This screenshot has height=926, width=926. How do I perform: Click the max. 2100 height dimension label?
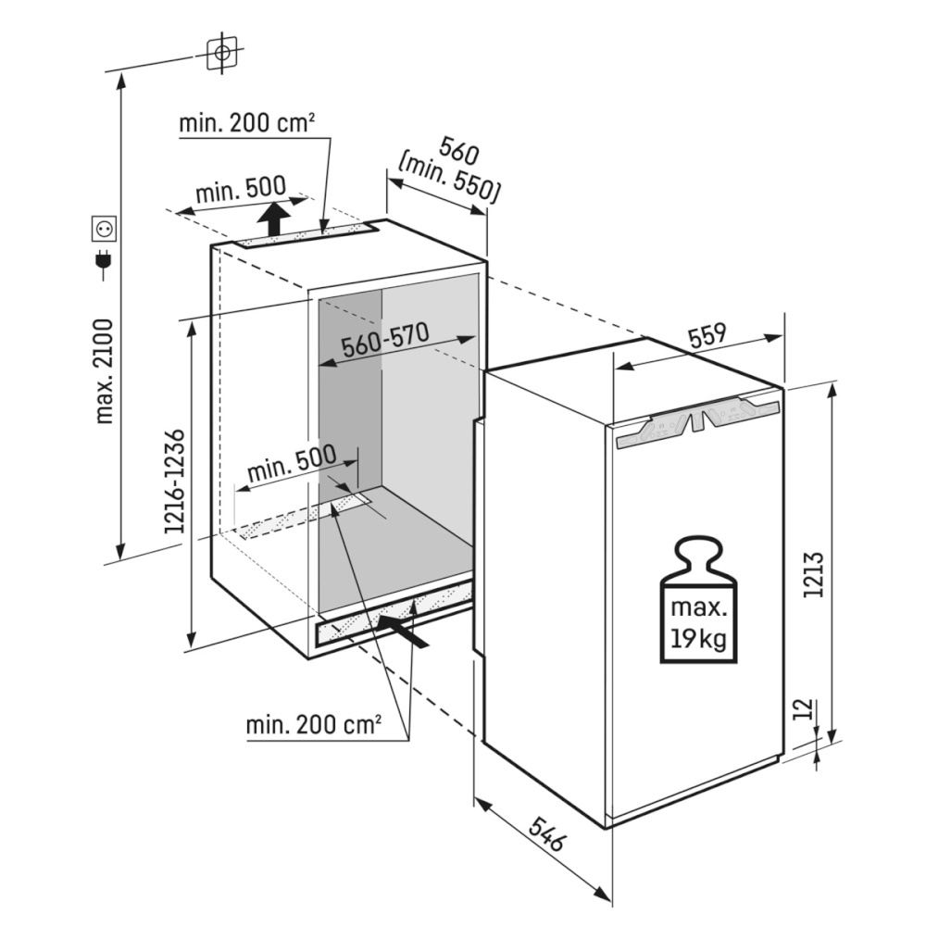(104, 371)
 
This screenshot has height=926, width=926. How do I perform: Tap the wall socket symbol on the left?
(104, 229)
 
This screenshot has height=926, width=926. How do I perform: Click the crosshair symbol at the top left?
(222, 53)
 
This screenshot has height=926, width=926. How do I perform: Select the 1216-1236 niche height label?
(175, 482)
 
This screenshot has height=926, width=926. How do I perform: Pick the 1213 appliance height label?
(813, 575)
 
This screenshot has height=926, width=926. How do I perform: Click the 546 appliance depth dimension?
(547, 833)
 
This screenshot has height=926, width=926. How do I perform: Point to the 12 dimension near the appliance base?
(803, 708)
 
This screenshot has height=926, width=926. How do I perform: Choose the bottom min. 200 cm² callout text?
(313, 724)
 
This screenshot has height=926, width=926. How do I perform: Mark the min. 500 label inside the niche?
(292, 463)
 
